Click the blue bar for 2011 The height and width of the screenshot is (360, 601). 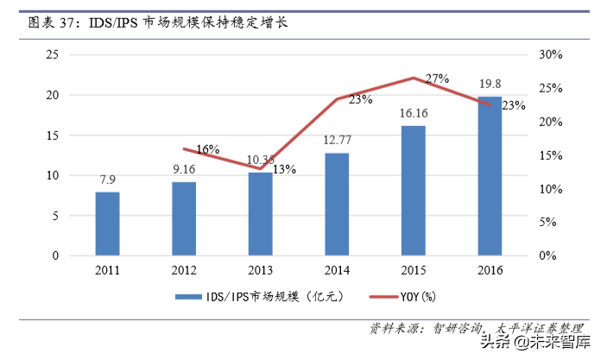click(x=107, y=224)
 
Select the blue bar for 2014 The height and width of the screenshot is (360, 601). click(x=337, y=205)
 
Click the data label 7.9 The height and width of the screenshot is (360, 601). click(x=107, y=180)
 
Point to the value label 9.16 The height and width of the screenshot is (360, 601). click(x=183, y=169)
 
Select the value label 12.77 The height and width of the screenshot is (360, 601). click(x=337, y=140)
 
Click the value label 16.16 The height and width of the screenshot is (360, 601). click(x=413, y=113)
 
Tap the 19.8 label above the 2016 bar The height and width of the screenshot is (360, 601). click(x=490, y=84)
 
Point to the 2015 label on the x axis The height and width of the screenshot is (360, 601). click(x=413, y=270)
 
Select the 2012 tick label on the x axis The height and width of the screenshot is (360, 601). click(x=183, y=270)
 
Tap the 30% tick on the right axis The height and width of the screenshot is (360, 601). click(x=550, y=54)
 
